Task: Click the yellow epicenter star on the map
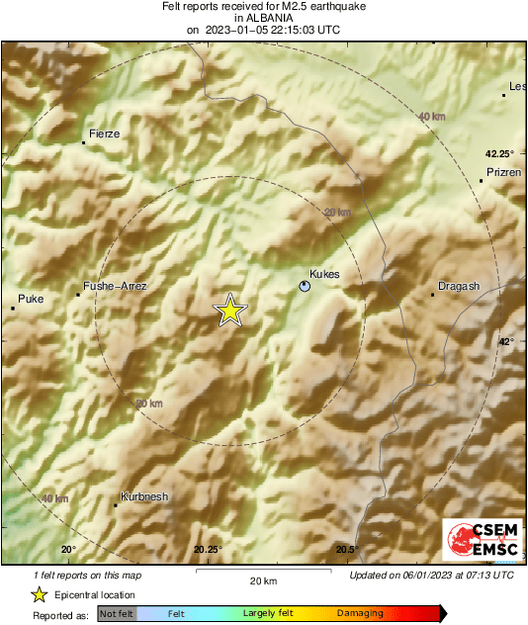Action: click(230, 311)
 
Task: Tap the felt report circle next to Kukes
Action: click(305, 286)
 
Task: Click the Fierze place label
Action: click(104, 133)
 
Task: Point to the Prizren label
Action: click(504, 172)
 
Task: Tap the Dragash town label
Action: click(459, 287)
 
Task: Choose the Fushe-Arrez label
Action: click(115, 286)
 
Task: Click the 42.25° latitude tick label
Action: click(499, 154)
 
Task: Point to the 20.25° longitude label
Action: click(208, 550)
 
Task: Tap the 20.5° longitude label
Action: click(346, 550)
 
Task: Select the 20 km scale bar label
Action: click(262, 580)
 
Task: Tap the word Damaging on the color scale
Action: click(360, 614)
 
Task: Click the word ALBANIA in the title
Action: click(263, 18)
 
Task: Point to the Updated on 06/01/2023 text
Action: click(431, 575)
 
